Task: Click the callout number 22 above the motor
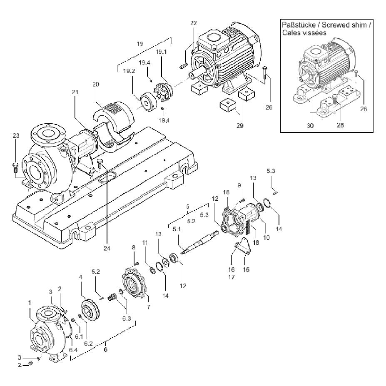[194, 23]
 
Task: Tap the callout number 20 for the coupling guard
[96, 85]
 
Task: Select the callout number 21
[75, 92]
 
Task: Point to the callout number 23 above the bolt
[16, 136]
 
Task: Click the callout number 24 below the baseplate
[107, 249]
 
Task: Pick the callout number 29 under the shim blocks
[240, 126]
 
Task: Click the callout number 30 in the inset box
[310, 126]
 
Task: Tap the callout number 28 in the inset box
[340, 125]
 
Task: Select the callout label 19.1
[162, 52]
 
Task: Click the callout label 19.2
[129, 71]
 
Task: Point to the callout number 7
[148, 307]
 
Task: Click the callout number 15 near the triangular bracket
[246, 269]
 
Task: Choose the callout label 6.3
[127, 318]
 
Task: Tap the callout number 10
[266, 238]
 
